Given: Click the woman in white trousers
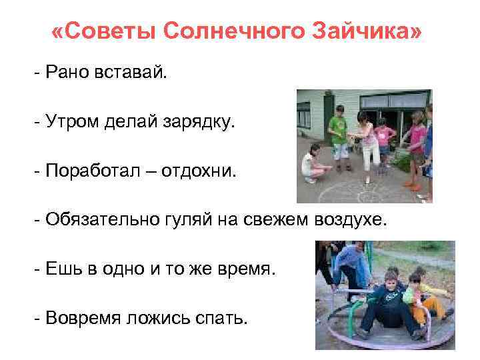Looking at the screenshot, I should point(368,140).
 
